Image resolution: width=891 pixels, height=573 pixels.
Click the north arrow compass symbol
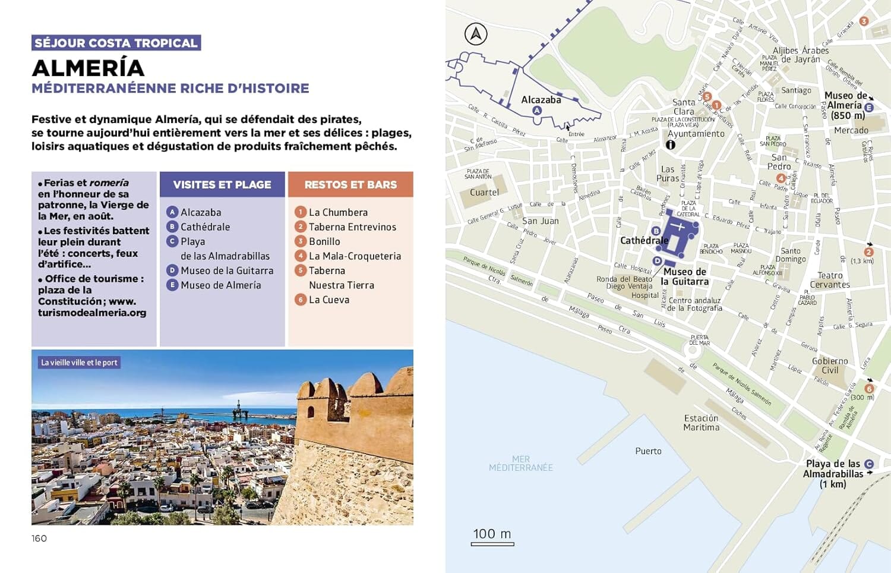point(476,34)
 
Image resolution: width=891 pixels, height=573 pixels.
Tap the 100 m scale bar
point(492,536)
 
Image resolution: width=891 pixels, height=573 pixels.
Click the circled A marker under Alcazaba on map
point(537,111)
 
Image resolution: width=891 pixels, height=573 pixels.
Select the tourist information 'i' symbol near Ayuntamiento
point(671,144)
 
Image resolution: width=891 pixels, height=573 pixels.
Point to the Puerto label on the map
point(648,451)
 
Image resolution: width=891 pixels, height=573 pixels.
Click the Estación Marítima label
point(701,423)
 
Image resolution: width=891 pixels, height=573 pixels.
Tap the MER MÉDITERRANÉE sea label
point(520,464)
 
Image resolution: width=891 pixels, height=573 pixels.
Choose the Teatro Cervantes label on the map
point(830,280)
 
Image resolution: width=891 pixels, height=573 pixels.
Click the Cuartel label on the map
point(484,193)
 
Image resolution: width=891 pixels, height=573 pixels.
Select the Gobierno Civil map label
point(830,366)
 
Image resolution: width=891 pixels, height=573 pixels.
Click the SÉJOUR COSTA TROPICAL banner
point(116,43)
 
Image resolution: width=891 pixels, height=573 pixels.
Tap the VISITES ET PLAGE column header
point(222,185)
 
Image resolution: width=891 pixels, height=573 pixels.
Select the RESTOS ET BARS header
point(350,185)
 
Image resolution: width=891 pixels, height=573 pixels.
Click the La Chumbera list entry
point(338,212)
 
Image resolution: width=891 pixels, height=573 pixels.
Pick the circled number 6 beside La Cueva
point(301,300)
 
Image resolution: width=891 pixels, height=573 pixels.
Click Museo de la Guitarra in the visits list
point(227,270)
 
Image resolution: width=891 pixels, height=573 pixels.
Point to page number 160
point(39,539)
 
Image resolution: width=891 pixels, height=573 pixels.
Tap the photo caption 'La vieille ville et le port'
point(79,363)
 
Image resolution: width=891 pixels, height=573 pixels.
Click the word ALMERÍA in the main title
point(88,68)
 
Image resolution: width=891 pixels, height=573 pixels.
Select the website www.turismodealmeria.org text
point(92,307)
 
